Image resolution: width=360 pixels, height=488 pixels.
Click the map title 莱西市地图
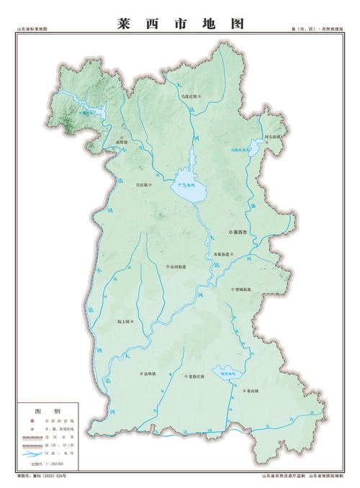click(x=180, y=23)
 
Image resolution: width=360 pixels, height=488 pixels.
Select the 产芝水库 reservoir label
click(x=186, y=185)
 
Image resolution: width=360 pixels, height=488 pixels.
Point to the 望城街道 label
click(x=243, y=289)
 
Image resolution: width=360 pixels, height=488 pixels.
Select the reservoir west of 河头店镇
click(x=252, y=147)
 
